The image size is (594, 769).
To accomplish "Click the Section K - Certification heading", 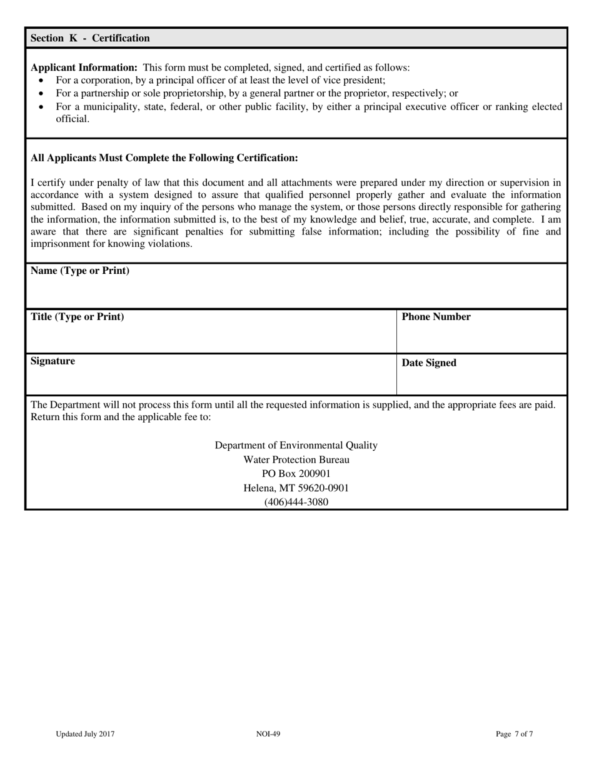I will coord(90,38).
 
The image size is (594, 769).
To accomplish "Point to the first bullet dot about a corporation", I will coord(42,81).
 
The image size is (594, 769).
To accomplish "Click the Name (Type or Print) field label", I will coord(80,271).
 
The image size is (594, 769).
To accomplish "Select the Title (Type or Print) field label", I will coord(77,316).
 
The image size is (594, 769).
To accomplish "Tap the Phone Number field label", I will coord(436,317).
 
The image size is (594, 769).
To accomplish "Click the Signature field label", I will coord(53,361).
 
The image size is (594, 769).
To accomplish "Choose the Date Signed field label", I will coord(429,363).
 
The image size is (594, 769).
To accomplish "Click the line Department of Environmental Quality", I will coord(296,445).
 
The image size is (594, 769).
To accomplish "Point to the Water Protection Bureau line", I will coord(296,460).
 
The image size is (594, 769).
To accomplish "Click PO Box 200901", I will coord(296,474).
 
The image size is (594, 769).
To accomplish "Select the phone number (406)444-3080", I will coord(296,502).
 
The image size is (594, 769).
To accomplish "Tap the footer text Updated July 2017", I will coord(84,734).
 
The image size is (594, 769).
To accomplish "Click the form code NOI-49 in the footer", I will coord(268,734).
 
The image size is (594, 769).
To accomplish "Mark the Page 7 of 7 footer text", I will coord(515,734).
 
